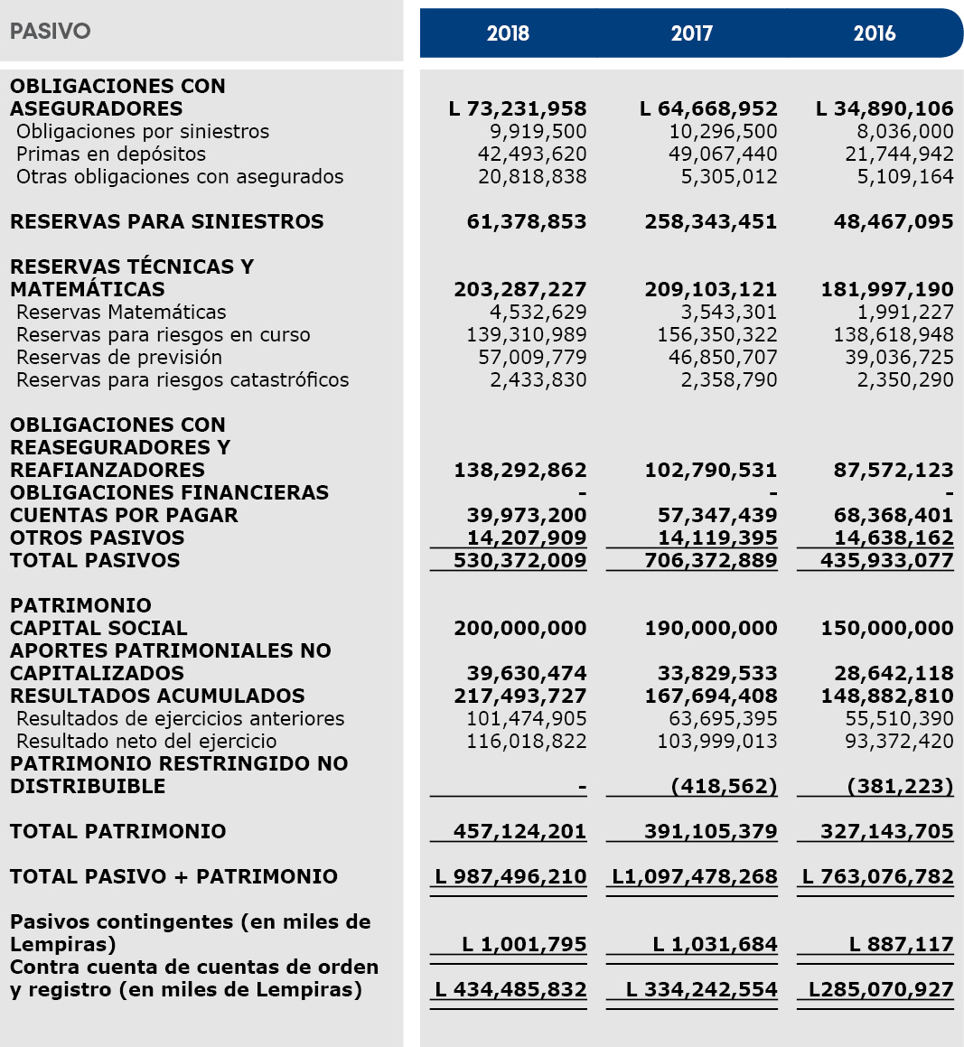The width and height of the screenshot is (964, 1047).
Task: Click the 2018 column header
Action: click(x=508, y=33)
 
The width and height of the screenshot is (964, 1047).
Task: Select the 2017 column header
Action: click(x=691, y=33)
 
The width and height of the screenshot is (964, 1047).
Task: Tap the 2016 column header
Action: click(x=874, y=33)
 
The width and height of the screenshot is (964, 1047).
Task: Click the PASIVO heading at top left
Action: click(x=51, y=32)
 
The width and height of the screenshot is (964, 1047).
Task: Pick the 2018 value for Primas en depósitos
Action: click(x=532, y=154)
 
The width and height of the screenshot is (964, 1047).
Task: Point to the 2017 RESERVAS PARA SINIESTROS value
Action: click(x=710, y=222)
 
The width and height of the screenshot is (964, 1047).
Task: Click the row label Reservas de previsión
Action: click(x=119, y=358)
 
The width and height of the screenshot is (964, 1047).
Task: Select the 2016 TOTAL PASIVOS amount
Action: click(x=886, y=561)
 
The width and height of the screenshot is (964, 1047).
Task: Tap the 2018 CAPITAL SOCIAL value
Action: click(x=519, y=629)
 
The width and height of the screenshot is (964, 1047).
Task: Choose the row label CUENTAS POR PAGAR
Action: click(x=124, y=516)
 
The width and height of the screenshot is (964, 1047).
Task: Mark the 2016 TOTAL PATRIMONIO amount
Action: click(x=886, y=832)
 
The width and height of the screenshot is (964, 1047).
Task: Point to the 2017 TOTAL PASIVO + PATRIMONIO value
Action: click(x=694, y=877)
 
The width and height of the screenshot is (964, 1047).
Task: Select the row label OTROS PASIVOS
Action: click(x=97, y=538)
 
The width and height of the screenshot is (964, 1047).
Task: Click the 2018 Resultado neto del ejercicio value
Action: click(x=526, y=742)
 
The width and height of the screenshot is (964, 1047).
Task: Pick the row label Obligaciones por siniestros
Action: click(x=143, y=132)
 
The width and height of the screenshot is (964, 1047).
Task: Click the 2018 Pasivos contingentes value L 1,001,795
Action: click(x=524, y=945)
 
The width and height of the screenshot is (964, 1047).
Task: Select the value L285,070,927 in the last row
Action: click(x=881, y=990)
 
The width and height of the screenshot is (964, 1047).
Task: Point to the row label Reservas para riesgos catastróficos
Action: click(x=183, y=380)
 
